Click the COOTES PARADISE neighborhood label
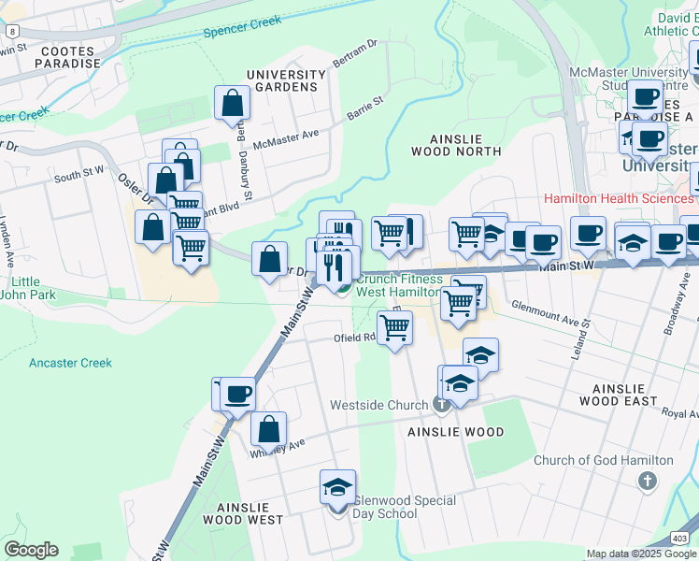click(67, 56)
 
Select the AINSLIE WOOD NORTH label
click(457, 144)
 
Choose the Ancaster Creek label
click(70, 363)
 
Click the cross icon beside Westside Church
click(443, 405)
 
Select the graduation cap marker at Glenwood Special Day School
click(337, 489)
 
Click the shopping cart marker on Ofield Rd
click(395, 328)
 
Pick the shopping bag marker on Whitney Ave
click(269, 431)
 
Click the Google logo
click(31, 550)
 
